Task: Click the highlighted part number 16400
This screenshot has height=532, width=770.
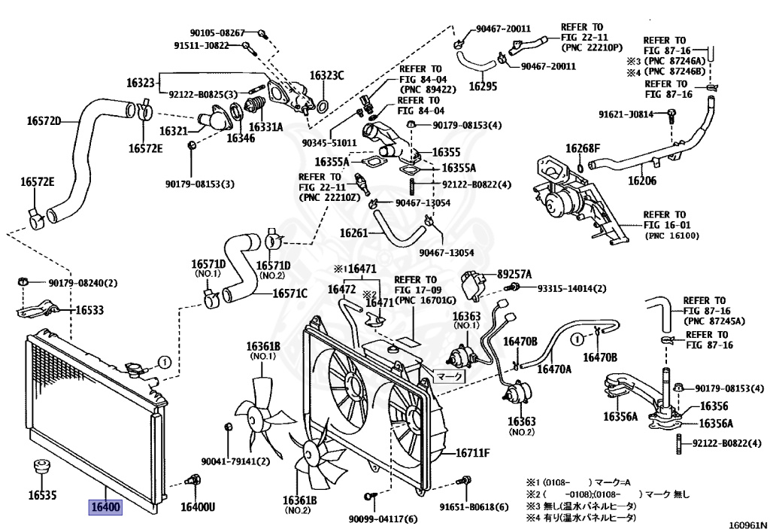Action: coord(105,507)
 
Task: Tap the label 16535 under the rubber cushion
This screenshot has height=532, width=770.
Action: coord(43,495)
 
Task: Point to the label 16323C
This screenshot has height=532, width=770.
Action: coord(327,75)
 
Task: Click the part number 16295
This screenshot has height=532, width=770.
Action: coord(483,87)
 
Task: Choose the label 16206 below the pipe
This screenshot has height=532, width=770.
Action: coord(642,181)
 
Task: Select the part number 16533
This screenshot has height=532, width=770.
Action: coord(89,309)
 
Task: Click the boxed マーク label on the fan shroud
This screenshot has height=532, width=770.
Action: coord(450,375)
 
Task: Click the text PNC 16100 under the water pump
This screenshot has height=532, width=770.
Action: coord(672,236)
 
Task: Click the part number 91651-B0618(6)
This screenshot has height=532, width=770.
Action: coord(474,506)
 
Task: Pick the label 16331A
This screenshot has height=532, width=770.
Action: coord(265,127)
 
